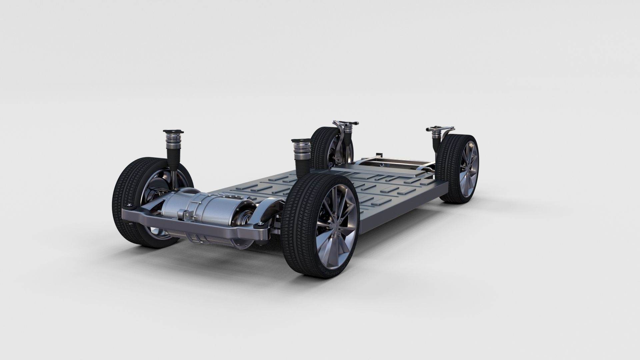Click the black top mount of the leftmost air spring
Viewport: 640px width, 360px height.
pos(172,132)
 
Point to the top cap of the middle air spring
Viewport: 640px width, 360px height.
pos(300,141)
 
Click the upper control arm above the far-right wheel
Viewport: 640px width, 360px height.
pos(443,128)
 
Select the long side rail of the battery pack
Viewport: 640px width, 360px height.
pos(400,207)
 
